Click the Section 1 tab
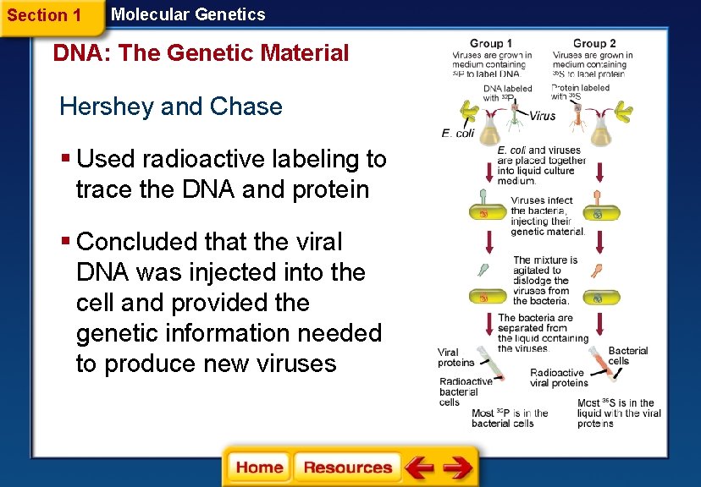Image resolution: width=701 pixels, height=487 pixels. [44, 16]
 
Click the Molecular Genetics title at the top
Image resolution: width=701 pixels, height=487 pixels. [188, 14]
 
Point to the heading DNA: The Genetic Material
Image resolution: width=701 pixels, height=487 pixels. [201, 53]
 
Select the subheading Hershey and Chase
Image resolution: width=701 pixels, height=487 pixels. [171, 107]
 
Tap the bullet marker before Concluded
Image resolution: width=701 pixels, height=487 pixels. [66, 242]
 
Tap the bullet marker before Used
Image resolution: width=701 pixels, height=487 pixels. [66, 159]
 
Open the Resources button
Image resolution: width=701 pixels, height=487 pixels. [347, 468]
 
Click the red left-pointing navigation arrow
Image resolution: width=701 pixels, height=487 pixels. [418, 468]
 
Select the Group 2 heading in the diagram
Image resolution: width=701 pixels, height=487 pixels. [594, 43]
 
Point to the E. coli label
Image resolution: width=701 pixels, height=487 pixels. [457, 133]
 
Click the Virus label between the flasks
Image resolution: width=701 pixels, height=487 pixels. [544, 116]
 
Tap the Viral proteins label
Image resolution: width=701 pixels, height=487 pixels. [455, 358]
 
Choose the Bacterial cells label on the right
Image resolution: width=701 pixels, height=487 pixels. [628, 355]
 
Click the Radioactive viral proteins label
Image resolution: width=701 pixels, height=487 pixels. [558, 377]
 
